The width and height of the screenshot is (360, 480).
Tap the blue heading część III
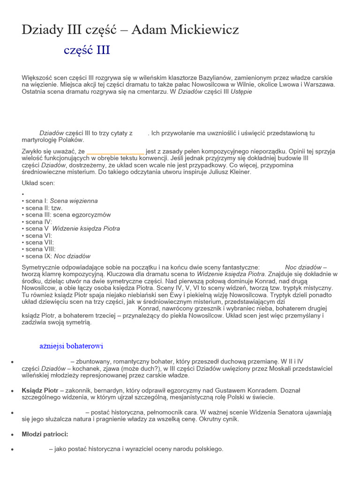click(x=87, y=50)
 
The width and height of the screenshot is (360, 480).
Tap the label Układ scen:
click(x=38, y=183)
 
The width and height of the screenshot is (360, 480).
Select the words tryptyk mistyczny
click(x=307, y=287)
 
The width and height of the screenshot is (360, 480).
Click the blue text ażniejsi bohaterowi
click(x=71, y=346)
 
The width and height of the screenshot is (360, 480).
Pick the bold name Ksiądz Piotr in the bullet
click(x=40, y=390)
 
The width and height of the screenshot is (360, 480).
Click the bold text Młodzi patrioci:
click(x=45, y=434)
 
